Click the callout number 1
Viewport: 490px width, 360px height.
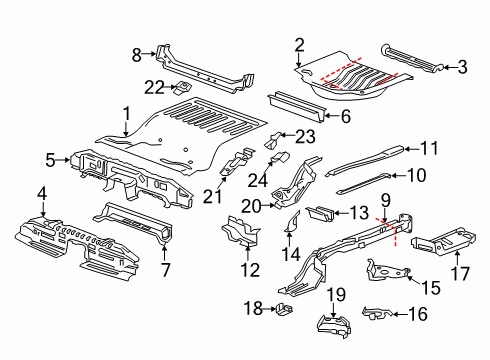coord(126,113)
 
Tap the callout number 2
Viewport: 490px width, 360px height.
coord(298,43)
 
